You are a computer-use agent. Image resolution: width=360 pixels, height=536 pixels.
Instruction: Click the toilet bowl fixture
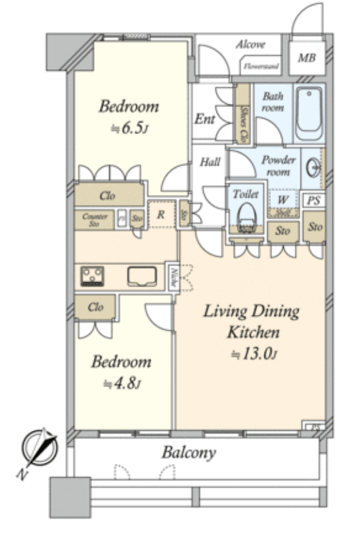(x=245, y=216)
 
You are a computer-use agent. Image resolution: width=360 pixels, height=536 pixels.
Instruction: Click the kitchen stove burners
(x=92, y=276)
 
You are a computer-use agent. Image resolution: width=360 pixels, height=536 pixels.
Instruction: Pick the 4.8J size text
(x=122, y=383)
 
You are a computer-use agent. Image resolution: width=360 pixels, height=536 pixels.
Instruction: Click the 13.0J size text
(x=251, y=353)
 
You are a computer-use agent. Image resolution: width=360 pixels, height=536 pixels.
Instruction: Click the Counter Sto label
(x=95, y=220)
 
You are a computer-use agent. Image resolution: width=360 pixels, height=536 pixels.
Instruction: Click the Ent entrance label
(x=205, y=119)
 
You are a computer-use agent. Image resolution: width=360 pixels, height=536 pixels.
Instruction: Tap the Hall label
(x=210, y=162)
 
